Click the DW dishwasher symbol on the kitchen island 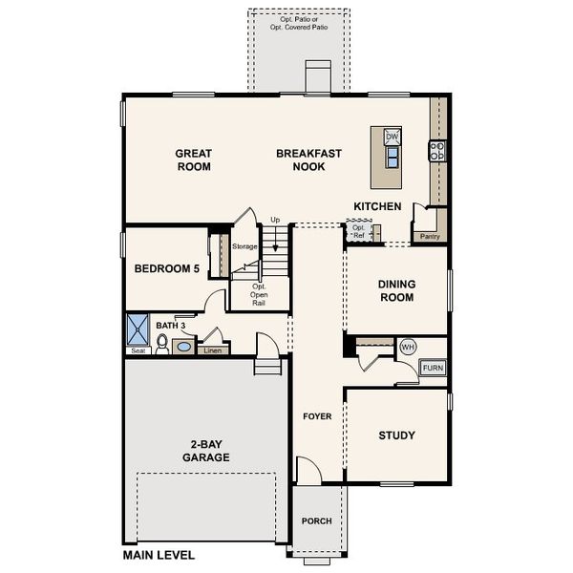tap(392, 137)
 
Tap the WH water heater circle tap(408, 347)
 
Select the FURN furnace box tap(433, 368)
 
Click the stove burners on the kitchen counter tap(437, 151)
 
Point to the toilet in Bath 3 tap(162, 344)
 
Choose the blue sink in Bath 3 tap(183, 347)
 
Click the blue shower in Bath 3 tap(138, 329)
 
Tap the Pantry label tap(430, 237)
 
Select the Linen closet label tap(213, 350)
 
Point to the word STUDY tap(397, 435)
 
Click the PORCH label tap(317, 520)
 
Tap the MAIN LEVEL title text tap(159, 555)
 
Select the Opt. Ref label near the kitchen tap(358, 232)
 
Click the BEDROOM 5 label tap(167, 268)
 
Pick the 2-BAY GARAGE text tap(206, 451)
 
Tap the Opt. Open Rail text tap(259, 294)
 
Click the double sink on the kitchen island tap(393, 157)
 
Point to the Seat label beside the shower tap(138, 350)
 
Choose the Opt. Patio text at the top tap(299, 23)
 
